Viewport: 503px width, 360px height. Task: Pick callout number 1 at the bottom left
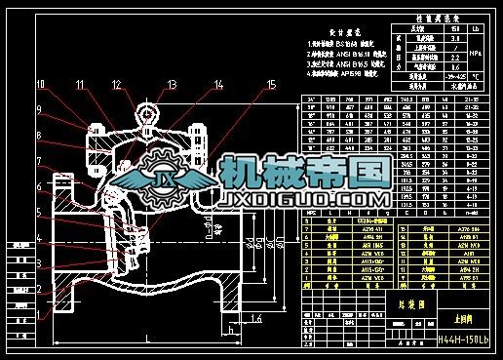click(x=41, y=315)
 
